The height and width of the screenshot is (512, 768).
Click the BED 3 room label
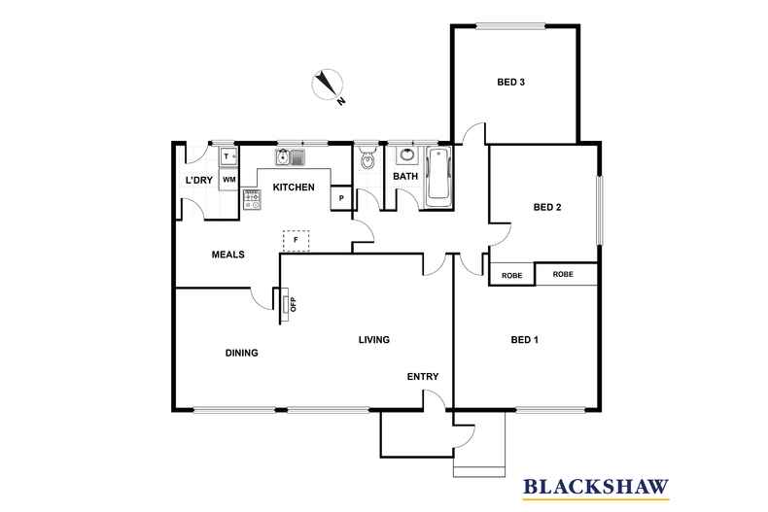pyautogui.click(x=511, y=83)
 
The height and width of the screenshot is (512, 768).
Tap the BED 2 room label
pyautogui.click(x=548, y=207)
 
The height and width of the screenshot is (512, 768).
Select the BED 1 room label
pyautogui.click(x=525, y=340)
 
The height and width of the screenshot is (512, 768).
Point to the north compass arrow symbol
pyautogui.click(x=328, y=85)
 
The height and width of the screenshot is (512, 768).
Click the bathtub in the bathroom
pyautogui.click(x=439, y=176)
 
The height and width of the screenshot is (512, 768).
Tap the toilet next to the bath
pyautogui.click(x=367, y=159)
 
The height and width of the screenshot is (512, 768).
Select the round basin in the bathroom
pyautogui.click(x=406, y=155)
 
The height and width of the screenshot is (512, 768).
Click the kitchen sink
pyautogui.click(x=290, y=157)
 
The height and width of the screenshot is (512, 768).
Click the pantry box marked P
pyautogui.click(x=341, y=198)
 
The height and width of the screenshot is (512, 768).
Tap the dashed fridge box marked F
pyautogui.click(x=296, y=239)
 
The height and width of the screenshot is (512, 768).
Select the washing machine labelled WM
pyautogui.click(x=229, y=180)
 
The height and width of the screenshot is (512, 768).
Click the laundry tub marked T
pyautogui.click(x=228, y=156)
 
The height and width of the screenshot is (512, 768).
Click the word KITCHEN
pyautogui.click(x=293, y=188)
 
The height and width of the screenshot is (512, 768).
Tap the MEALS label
pyautogui.click(x=228, y=255)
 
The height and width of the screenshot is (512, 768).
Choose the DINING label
pyautogui.click(x=241, y=353)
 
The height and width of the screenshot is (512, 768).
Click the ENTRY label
pyautogui.click(x=424, y=377)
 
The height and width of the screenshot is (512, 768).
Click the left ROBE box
pyautogui.click(x=511, y=275)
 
